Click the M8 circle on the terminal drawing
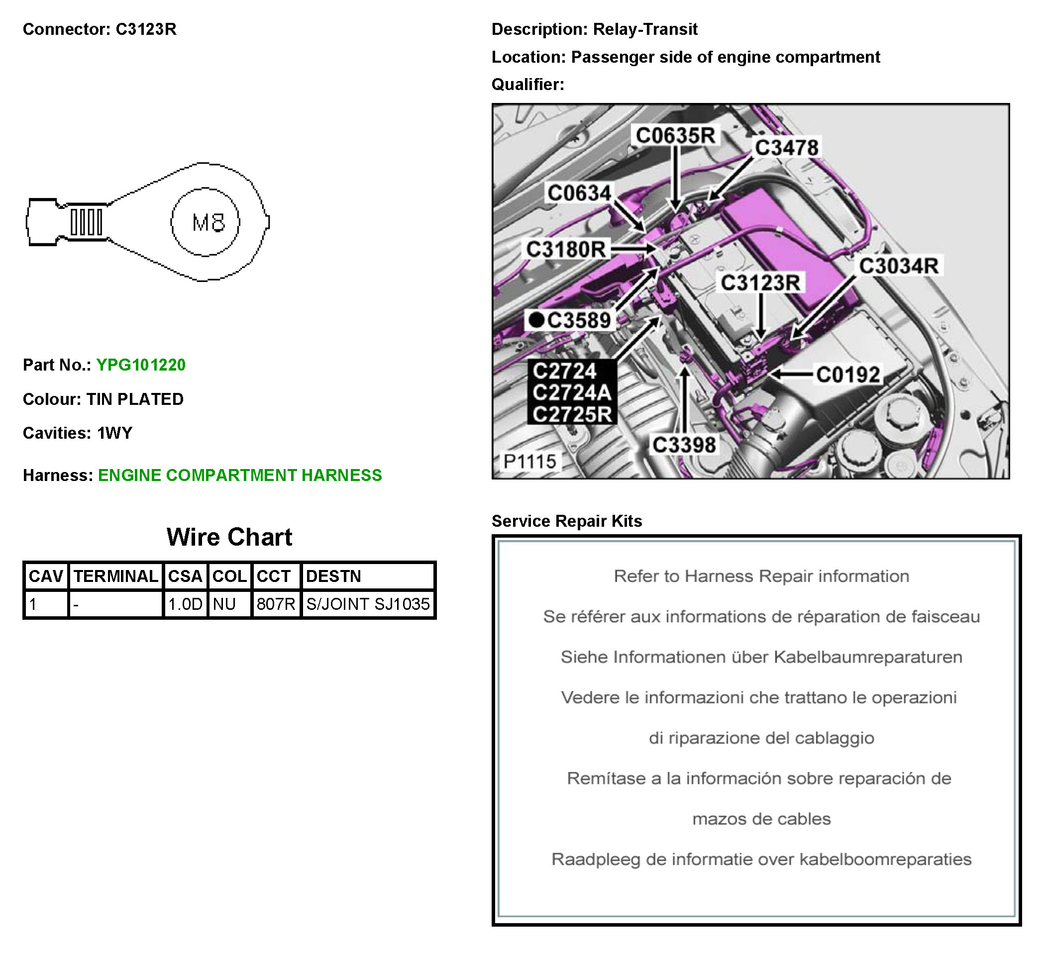pos(206,222)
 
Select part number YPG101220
pos(141,365)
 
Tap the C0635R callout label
pos(676,136)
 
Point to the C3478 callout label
pos(787,148)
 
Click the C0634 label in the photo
pos(580,193)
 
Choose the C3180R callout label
pos(566,250)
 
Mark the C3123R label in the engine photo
pos(761,283)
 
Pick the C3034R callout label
pos(899,266)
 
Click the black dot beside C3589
pos(536,320)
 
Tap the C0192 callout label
pos(848,375)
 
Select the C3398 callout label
pos(684,445)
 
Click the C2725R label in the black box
pos(572,414)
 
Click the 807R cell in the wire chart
pos(276,604)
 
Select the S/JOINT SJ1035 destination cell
pos(368,604)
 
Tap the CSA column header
pos(185,576)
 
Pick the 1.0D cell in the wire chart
pos(185,604)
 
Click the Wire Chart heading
pos(229,537)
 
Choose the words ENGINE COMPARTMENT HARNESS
pos(240,476)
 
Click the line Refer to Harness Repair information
pos(761,576)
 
